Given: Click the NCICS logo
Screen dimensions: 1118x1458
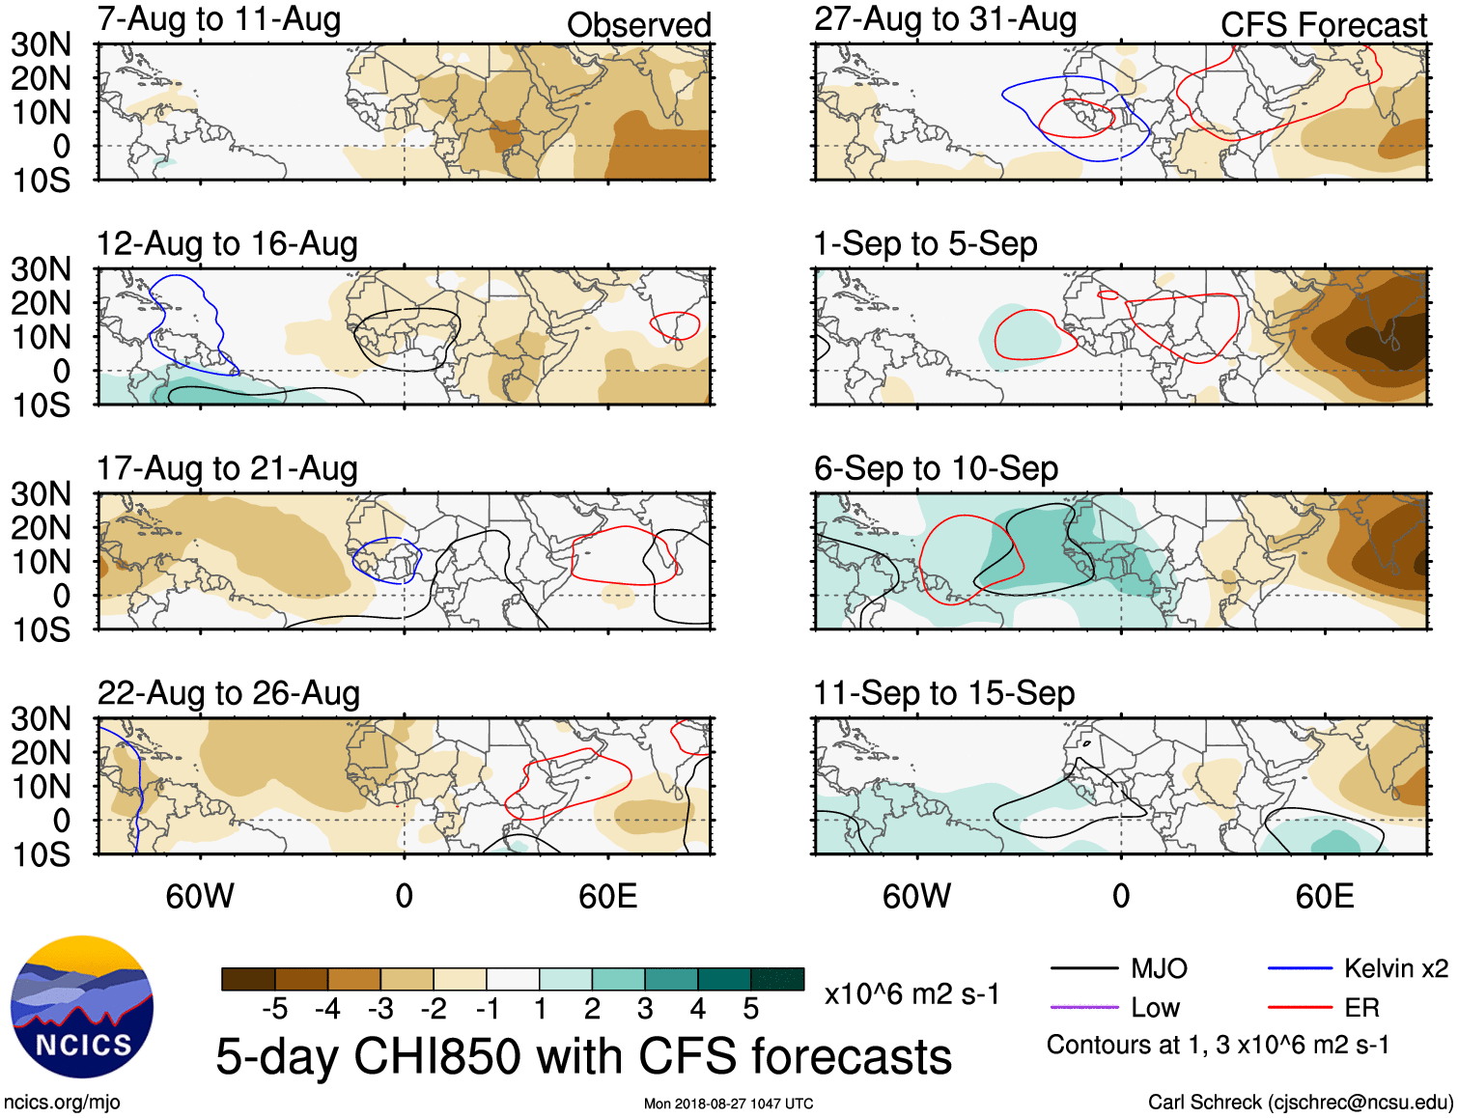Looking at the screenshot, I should (81, 1007).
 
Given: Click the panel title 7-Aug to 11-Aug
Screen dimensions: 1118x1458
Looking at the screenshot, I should (218, 20).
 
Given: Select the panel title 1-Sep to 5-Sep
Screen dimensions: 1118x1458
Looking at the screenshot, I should (925, 244).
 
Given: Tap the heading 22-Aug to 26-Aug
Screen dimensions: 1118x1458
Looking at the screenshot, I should (228, 693).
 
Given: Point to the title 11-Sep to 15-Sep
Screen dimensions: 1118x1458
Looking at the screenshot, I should (943, 693).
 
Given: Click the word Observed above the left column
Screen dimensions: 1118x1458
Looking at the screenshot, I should (638, 25).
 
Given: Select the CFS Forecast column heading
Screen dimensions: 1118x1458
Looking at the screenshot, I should (1323, 25).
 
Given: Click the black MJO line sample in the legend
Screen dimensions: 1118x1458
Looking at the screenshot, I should (1083, 968).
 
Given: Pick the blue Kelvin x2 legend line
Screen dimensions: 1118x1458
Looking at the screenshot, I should (1300, 968).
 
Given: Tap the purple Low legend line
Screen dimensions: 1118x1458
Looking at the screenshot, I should (1083, 1007).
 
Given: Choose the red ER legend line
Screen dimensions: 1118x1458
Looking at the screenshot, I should (1300, 1007).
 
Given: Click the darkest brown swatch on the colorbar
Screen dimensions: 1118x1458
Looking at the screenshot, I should (248, 979).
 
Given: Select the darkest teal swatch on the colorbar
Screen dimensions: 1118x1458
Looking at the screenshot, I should (777, 979).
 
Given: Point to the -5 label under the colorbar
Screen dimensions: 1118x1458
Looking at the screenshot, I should (274, 1009).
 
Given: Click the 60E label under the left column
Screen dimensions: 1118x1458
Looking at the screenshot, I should (607, 897).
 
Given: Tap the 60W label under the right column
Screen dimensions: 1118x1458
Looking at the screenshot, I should (916, 897).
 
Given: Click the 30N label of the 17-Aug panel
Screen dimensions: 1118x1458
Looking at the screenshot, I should (41, 494).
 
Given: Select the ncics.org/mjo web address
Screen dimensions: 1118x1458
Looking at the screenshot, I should (62, 1102).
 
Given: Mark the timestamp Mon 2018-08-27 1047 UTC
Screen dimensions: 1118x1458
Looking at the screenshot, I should (728, 1104).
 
